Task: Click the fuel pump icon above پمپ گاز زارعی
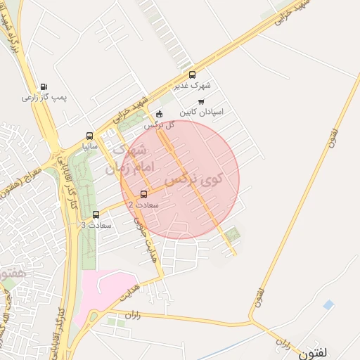pos(44,86)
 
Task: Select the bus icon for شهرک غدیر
pos(192,75)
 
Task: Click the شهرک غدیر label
pos(192,86)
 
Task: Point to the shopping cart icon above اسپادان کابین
pos(201,102)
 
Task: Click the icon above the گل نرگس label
pos(159,114)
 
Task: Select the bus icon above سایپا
pos(89,136)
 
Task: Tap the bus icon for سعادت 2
pos(143,194)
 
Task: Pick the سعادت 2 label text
pos(143,205)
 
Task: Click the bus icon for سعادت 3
pos(96,214)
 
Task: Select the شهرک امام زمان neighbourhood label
pos(127,159)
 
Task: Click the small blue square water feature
pos(328,304)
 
